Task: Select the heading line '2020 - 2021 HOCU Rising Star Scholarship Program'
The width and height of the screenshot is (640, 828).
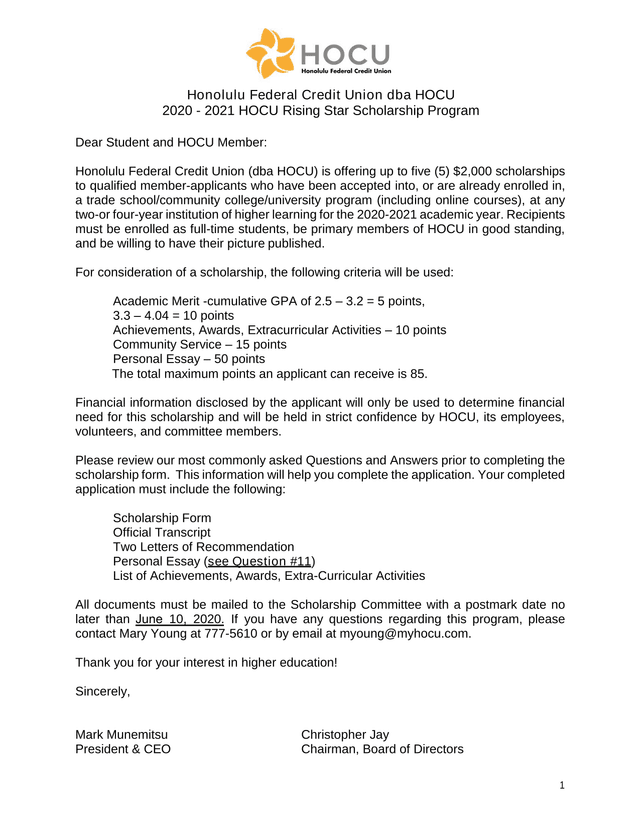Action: coord(320,111)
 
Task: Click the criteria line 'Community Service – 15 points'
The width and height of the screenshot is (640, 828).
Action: coord(199,344)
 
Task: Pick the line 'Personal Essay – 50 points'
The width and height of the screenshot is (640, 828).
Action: coord(189,358)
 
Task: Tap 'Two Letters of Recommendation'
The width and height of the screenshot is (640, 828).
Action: coord(203,547)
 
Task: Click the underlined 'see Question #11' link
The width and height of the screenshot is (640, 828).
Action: coord(259,562)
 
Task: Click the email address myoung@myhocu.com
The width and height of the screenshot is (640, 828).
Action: coord(405,633)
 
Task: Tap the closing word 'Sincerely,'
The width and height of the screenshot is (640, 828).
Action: coord(103,691)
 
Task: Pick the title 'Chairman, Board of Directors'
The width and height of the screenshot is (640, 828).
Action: coord(382,749)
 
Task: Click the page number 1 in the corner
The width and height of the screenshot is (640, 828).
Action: coord(563,787)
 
